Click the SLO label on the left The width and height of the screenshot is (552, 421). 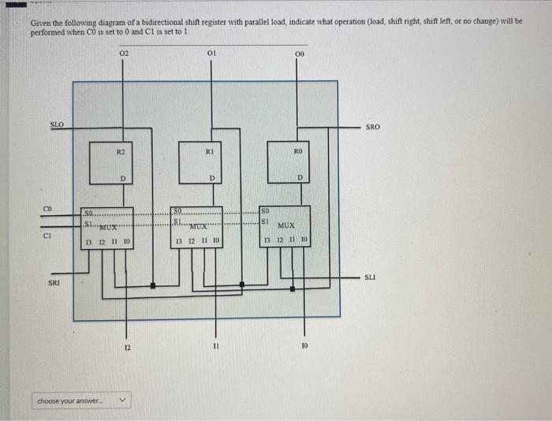click(x=57, y=125)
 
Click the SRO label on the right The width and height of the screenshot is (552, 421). click(x=373, y=126)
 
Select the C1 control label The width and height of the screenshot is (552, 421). click(x=47, y=233)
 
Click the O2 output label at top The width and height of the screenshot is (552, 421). click(x=124, y=54)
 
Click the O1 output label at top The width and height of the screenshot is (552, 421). click(x=211, y=54)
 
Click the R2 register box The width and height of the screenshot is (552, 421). click(x=110, y=162)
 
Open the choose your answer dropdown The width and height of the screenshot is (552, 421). click(x=80, y=401)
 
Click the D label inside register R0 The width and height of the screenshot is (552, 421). click(x=300, y=177)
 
